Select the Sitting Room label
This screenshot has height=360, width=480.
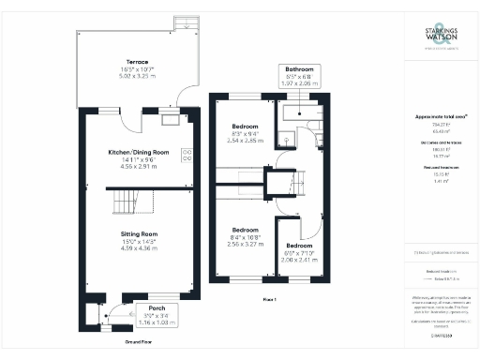click(x=138, y=233)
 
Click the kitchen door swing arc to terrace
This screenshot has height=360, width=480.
click(x=184, y=98)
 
